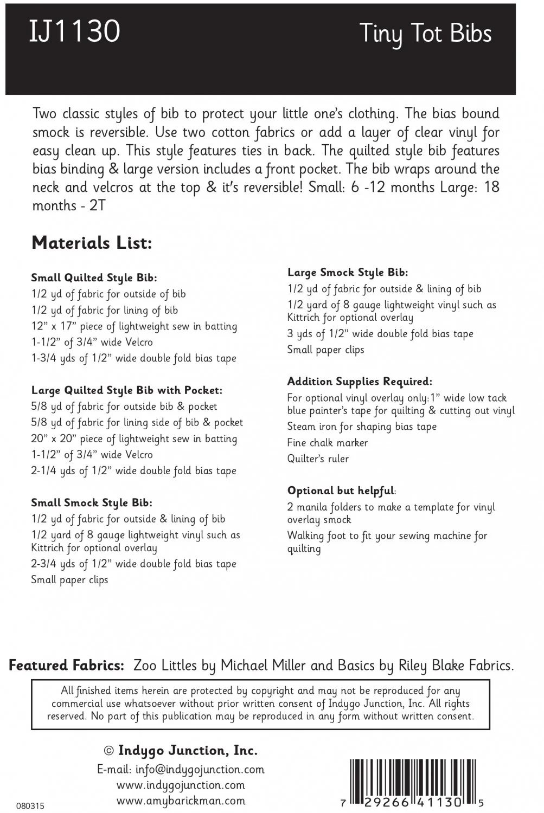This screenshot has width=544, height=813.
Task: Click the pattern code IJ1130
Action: coord(74,31)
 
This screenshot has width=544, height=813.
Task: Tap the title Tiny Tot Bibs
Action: coord(425,34)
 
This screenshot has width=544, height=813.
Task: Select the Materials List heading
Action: coord(92,243)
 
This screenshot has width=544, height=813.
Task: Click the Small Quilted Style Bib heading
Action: coord(94,278)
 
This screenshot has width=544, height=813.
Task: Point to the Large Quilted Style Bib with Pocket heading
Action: coord(126,390)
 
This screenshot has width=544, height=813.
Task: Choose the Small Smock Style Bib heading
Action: coord(91,502)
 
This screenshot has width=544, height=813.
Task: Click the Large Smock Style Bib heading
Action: coord(348,273)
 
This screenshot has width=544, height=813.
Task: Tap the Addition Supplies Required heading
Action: coord(360,382)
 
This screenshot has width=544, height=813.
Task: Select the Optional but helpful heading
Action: coord(341,491)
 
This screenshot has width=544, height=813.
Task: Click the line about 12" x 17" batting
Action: coord(134,326)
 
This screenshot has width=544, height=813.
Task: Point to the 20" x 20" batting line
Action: coord(134,438)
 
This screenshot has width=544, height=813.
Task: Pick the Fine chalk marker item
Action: coord(327,443)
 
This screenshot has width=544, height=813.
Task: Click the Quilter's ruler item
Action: coord(318,459)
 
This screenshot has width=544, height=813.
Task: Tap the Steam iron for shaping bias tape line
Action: coord(362,427)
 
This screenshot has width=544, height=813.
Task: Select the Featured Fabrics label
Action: coord(67,666)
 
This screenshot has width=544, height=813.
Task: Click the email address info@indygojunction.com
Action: coord(181,769)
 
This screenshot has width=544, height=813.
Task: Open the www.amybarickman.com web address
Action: coord(181,801)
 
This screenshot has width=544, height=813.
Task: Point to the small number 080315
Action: coord(30,806)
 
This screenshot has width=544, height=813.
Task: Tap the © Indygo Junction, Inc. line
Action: coord(181,751)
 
